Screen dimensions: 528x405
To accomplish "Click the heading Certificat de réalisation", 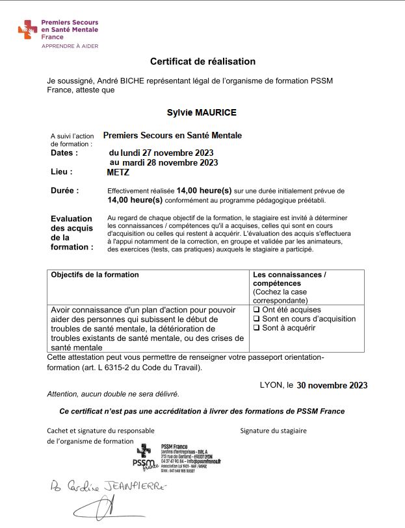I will (x=203, y=62).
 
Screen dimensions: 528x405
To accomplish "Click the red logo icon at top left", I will (x=29, y=29).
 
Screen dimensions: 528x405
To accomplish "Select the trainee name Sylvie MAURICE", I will (x=202, y=112).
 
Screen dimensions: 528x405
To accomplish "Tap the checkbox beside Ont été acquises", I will (x=256, y=310).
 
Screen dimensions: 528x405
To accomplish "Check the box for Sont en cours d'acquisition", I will (x=256, y=319).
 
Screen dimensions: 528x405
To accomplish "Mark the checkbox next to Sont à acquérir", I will (x=256, y=328).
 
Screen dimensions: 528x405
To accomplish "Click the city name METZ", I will (x=118, y=173).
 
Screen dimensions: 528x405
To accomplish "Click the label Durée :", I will (x=64, y=191).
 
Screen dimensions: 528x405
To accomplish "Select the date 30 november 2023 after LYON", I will (x=332, y=385).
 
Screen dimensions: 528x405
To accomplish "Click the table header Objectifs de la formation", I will (x=95, y=275).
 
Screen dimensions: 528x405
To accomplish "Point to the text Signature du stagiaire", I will (x=273, y=430).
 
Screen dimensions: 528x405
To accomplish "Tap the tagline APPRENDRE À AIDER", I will (x=70, y=47).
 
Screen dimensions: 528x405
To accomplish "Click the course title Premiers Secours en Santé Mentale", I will (x=172, y=135).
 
